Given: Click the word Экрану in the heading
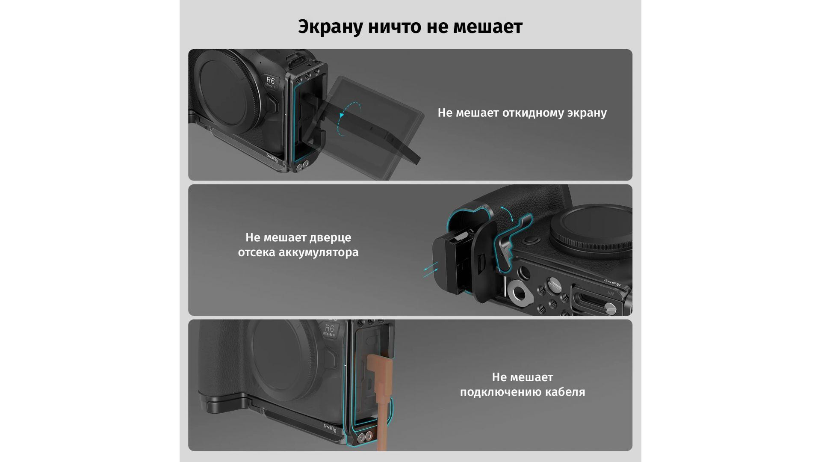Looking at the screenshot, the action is [x=330, y=27].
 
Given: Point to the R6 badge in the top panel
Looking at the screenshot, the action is [x=271, y=81].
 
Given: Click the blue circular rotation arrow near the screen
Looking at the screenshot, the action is [x=348, y=119].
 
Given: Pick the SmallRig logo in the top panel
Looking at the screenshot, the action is [x=272, y=158].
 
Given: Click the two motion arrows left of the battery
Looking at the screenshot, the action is [x=431, y=269].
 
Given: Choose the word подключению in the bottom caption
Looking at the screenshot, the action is [x=502, y=392].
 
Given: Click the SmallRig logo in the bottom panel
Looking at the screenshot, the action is [x=330, y=428].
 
